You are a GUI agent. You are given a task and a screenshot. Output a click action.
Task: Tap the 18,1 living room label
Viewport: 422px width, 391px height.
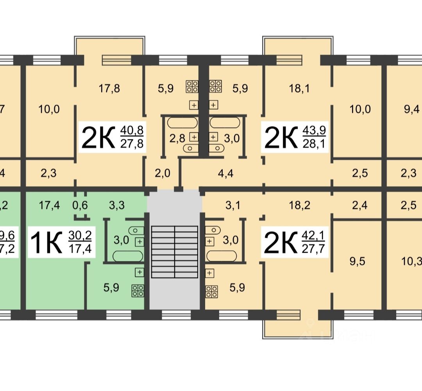pos(300,89)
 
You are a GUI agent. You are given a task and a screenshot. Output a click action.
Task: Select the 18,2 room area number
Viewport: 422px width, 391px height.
pos(300,205)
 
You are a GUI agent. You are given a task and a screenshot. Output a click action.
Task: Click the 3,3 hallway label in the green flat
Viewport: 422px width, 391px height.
pos(117,205)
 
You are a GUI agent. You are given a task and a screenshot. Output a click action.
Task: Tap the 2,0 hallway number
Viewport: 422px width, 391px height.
pos(163,173)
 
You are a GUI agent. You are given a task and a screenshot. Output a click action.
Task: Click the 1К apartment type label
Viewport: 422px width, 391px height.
pos(46,243)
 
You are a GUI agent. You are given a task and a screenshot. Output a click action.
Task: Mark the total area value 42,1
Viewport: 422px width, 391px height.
pos(315,236)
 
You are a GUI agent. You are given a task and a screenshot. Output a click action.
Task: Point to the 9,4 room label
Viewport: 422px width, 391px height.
pos(410,109)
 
